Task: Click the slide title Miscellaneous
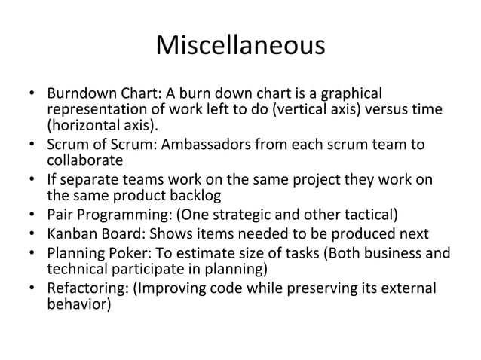(240, 47)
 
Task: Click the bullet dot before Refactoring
(32, 288)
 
